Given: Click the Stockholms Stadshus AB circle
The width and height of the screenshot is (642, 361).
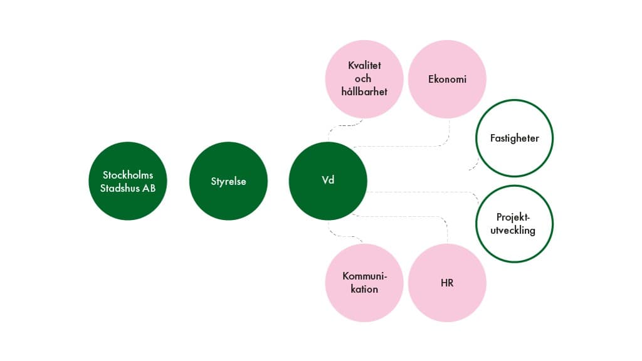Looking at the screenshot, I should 127,181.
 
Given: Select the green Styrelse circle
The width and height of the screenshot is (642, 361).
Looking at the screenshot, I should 228,181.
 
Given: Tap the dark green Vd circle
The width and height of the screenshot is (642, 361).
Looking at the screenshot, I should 327,181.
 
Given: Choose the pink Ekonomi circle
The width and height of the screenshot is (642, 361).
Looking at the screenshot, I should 447,80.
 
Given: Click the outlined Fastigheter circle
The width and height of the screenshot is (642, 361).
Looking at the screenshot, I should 514,138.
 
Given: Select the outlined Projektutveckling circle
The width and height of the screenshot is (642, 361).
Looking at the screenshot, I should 514,223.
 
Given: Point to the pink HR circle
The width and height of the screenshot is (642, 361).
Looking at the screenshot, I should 447,283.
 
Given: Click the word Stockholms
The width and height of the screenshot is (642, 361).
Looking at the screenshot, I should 128,175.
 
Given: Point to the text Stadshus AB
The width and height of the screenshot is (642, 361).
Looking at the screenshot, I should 128,188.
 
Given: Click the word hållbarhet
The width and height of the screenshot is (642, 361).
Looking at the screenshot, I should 364,92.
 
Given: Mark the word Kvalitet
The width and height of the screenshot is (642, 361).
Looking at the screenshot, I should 364,65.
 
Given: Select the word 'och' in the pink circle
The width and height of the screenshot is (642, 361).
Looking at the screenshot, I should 363,78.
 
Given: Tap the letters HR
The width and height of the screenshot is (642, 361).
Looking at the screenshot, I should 447,283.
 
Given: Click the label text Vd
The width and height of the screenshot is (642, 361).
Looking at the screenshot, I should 327,181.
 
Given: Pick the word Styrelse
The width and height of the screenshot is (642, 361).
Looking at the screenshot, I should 228,182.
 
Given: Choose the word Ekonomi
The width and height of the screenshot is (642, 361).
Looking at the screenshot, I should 447,80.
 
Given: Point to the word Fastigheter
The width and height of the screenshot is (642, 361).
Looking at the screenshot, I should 514,138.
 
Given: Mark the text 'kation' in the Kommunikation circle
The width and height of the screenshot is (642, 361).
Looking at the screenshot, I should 364,290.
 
